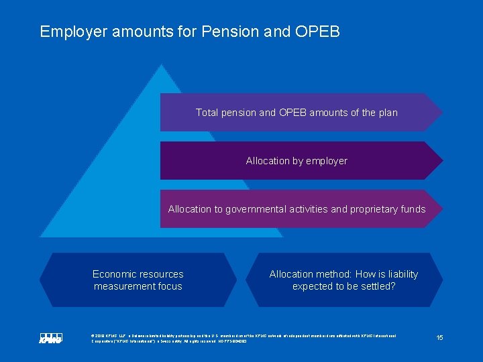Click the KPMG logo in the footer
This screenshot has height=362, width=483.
pos(50,339)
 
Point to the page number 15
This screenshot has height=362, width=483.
pos(439,337)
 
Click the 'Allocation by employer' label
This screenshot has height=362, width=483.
pos(297,161)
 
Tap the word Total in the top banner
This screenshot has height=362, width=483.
pos(207,113)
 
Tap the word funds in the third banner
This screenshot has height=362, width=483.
pos(413,209)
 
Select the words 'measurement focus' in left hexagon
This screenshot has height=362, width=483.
pos(138,286)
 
